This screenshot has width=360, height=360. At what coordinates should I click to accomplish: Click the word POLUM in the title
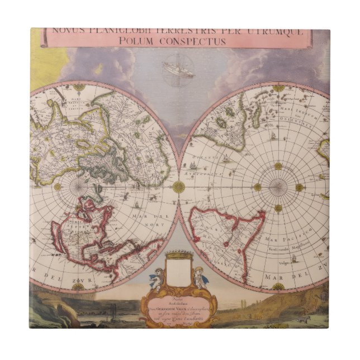150,42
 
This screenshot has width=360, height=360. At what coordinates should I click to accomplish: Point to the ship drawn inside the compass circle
178,70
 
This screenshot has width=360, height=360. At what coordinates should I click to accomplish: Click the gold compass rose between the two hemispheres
179,187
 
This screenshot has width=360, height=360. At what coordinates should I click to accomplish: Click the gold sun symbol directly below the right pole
278,208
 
